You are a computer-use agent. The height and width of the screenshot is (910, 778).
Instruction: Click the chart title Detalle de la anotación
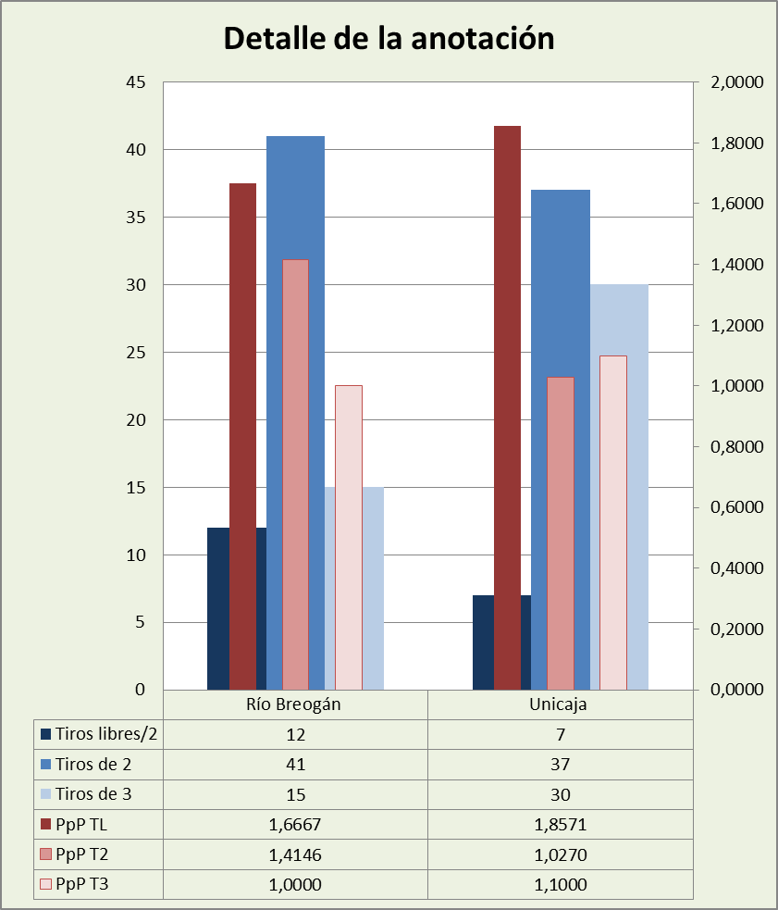[x=389, y=39]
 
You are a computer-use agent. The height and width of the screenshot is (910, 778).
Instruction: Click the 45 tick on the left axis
[x=137, y=82]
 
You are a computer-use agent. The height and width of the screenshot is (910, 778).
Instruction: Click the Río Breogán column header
[x=295, y=704]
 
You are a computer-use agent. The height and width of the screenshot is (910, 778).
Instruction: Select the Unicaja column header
[x=560, y=704]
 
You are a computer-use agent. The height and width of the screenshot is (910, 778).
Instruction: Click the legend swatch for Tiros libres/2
[x=45, y=735]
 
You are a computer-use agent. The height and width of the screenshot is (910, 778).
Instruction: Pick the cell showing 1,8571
[x=560, y=824]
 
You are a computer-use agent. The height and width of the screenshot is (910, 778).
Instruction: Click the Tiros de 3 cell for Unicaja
[x=560, y=794]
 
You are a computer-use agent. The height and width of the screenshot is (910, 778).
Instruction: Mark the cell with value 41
[x=295, y=765]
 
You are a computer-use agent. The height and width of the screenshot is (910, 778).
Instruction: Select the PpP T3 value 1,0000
[x=295, y=884]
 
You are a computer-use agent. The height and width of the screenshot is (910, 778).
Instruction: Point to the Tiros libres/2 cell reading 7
[x=560, y=735]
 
